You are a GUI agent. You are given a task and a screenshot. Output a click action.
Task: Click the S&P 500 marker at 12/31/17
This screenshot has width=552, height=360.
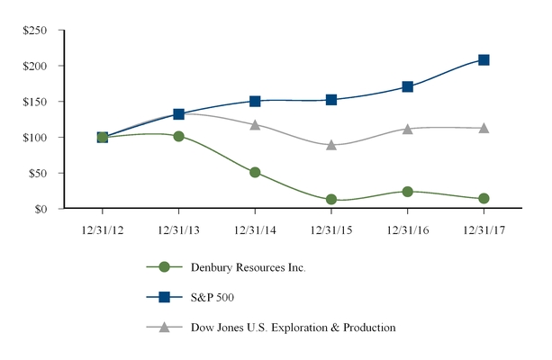click(x=484, y=60)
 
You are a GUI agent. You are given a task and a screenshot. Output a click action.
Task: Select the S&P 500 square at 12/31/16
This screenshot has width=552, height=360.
click(x=408, y=87)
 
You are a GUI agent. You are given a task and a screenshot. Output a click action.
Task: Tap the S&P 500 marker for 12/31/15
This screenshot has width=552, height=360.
click(x=331, y=100)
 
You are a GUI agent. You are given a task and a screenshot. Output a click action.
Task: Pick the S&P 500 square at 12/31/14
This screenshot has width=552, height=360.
click(x=255, y=102)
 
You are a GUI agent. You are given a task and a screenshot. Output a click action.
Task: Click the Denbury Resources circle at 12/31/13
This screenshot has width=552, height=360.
click(x=178, y=137)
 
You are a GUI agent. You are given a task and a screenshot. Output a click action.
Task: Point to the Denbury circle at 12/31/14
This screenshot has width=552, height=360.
click(x=255, y=172)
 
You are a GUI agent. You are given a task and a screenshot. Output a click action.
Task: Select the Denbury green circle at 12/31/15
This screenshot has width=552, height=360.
click(x=331, y=200)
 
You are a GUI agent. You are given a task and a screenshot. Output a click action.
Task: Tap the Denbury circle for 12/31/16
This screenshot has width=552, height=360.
click(x=408, y=192)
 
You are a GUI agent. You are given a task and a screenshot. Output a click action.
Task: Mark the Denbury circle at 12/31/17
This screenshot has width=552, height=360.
click(x=484, y=199)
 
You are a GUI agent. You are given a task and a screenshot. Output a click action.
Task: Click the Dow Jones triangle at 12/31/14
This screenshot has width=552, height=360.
click(x=255, y=125)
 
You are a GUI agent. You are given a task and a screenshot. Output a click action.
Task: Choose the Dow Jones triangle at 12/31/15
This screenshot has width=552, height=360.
click(x=331, y=145)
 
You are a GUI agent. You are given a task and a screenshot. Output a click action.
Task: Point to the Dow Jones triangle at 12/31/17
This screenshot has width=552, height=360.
click(x=484, y=129)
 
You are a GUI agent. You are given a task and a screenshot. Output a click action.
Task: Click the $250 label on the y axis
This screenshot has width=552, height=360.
click(x=36, y=31)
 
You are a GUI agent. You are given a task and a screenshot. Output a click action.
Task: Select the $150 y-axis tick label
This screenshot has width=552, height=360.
click(x=36, y=102)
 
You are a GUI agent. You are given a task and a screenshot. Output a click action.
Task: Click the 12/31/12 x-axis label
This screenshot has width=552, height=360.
click(x=102, y=229)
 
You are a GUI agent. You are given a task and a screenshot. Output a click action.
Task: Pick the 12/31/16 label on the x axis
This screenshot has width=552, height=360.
click(x=408, y=229)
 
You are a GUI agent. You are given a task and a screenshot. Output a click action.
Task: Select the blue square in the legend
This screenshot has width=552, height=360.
click(x=164, y=297)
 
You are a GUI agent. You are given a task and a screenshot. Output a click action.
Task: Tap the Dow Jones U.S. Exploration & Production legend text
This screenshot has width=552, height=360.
click(x=293, y=328)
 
